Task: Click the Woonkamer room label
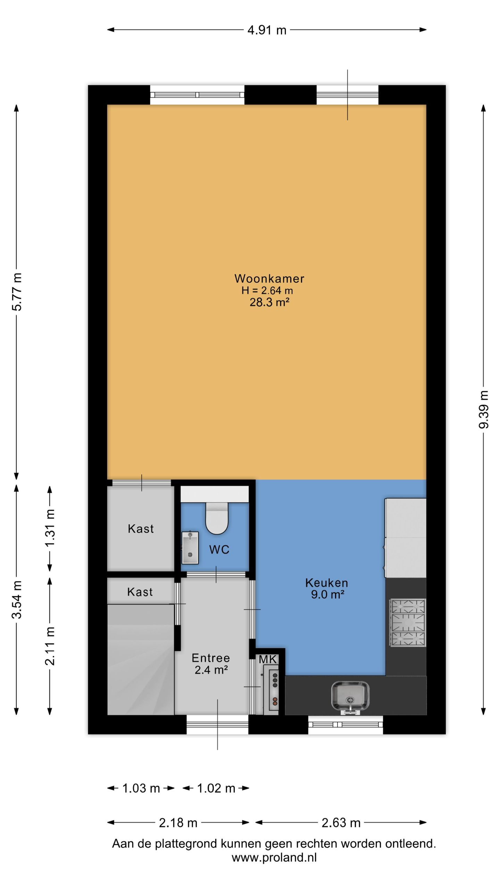coord(269,279)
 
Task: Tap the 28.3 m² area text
coord(269,302)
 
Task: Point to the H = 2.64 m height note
coord(267,290)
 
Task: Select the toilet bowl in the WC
coord(217,518)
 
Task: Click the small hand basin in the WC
coord(190,548)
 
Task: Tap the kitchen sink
coord(350,696)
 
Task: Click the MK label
coord(268,659)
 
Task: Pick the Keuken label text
coord(326,583)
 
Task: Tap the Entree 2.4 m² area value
coord(211,670)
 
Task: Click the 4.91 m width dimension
coord(267,30)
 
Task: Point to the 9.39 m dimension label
coord(484,409)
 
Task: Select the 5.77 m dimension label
coord(17,292)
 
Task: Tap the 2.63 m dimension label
coord(341,823)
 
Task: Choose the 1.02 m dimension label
coord(216,788)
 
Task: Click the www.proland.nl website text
coord(274,857)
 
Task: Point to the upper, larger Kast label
coord(141,529)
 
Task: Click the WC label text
coord(219,549)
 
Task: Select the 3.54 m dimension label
coord(17,600)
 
